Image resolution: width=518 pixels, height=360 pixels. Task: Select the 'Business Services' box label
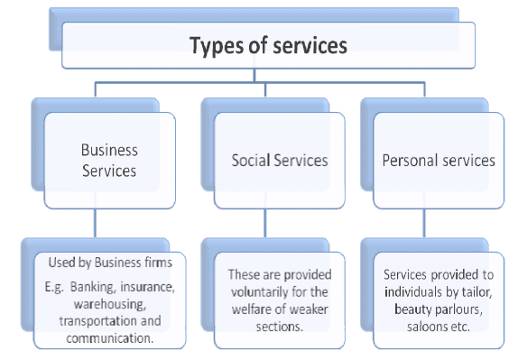coord(108,161)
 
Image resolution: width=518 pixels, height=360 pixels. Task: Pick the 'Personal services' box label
coord(439,161)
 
